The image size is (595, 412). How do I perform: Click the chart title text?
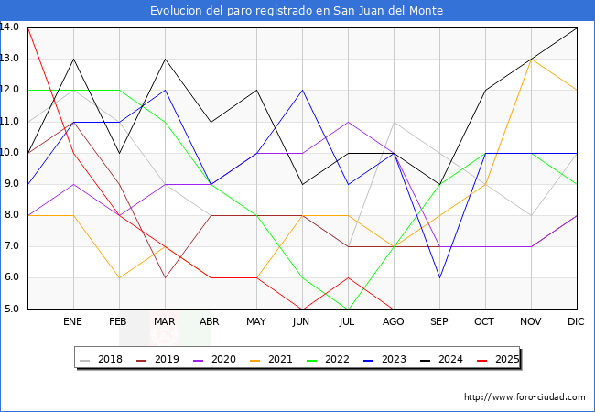coord(297,10)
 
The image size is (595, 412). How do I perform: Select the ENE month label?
coord(73,322)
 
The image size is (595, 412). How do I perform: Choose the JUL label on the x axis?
coord(348,322)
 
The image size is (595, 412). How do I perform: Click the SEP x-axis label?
coord(439,322)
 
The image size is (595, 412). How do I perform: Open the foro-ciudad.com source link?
coord(525,397)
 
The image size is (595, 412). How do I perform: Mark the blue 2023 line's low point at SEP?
coord(439,277)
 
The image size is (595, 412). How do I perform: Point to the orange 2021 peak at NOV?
coord(531,59)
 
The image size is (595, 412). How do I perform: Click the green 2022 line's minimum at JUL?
coord(348,309)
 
